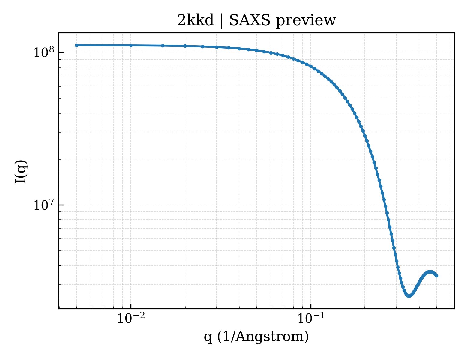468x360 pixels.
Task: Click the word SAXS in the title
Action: tap(249, 21)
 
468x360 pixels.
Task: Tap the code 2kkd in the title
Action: tap(195, 21)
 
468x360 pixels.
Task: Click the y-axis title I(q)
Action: tap(21, 172)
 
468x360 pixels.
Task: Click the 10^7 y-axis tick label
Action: tap(44, 205)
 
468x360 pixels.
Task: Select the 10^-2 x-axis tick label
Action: tap(131, 317)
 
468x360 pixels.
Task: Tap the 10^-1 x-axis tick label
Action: tap(311, 317)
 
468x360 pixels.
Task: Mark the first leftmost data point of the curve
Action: tap(76, 45)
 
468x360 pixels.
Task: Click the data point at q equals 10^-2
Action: tap(131, 45)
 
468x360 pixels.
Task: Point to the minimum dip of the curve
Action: tap(408, 296)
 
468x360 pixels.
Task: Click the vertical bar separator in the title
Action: tap(221, 21)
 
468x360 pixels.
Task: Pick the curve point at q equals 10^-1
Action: tap(311, 66)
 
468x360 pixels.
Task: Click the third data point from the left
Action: tap(163, 46)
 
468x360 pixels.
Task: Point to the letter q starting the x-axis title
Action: tap(208, 337)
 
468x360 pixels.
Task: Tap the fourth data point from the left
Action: tap(185, 46)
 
